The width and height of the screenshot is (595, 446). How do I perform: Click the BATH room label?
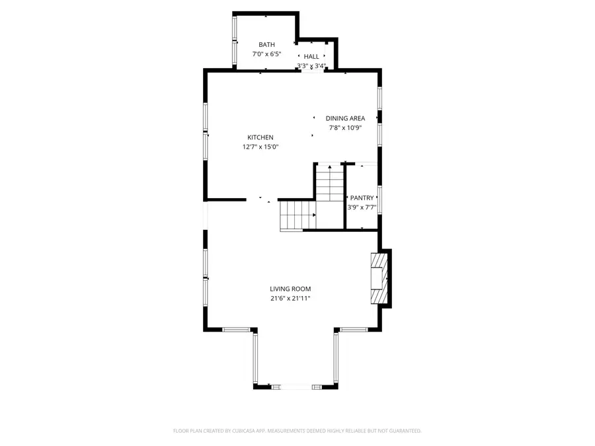266,45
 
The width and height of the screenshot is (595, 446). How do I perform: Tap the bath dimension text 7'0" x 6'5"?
266,54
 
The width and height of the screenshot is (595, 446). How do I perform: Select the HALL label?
311,57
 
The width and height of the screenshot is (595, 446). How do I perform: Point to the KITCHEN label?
260,137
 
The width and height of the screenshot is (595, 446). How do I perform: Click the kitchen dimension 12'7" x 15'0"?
260,147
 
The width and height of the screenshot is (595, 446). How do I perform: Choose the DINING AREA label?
345,118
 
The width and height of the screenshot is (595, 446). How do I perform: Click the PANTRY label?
362,198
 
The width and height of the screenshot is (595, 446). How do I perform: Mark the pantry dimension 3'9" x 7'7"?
362,207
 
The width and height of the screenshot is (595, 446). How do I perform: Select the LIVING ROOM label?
290,289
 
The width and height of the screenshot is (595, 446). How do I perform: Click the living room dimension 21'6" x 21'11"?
290,298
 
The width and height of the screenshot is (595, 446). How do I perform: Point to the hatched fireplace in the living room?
378,279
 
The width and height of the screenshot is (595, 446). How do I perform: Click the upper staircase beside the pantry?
329,184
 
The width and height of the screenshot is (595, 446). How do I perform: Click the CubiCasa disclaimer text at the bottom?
297,431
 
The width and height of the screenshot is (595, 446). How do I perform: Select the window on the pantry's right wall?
380,200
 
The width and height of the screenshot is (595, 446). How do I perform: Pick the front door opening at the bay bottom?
295,386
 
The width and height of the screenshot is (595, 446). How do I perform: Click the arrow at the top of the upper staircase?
329,168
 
